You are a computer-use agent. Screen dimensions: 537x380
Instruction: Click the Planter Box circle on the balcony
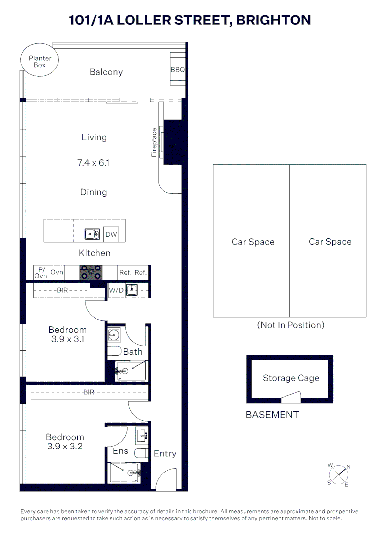[40, 62]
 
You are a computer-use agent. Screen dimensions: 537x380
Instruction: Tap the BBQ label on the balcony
[178, 70]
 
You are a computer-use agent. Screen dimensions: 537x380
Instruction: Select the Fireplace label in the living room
[154, 143]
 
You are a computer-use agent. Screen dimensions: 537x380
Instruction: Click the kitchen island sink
[91, 234]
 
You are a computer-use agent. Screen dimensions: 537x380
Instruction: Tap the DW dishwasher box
[111, 234]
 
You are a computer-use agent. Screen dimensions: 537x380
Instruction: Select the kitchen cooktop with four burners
[91, 272]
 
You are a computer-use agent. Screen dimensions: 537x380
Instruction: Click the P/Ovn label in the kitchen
[40, 272]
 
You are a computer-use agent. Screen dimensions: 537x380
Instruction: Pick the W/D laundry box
[116, 290]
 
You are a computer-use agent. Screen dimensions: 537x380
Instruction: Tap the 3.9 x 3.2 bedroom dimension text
[65, 447]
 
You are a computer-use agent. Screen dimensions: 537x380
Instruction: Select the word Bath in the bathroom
[133, 352]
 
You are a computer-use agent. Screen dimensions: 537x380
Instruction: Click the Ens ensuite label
[120, 451]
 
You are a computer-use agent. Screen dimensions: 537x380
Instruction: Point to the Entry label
[165, 453]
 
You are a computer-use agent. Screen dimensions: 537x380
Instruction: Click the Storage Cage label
[290, 378]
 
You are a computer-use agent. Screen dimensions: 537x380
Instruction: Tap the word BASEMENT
[272, 415]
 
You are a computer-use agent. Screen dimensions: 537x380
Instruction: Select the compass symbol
[339, 474]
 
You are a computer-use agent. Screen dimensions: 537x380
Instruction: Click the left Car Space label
[253, 242]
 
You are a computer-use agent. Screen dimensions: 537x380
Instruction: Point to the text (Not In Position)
[290, 325]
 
